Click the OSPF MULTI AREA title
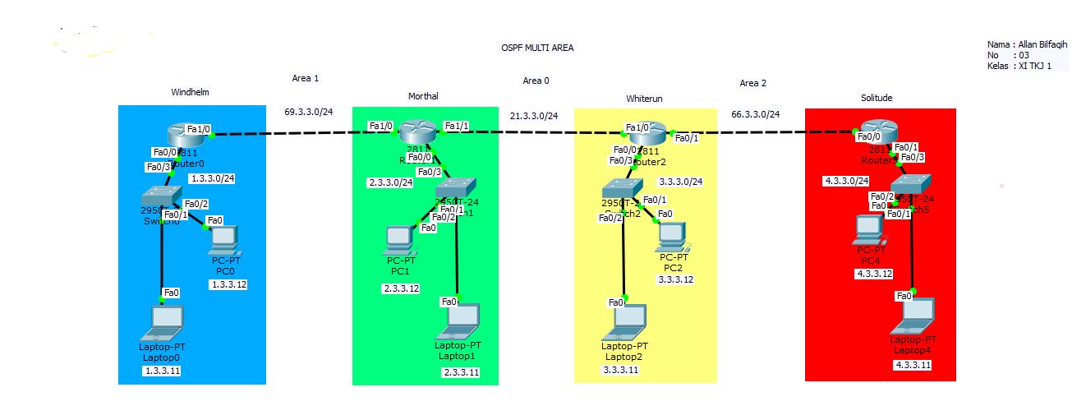(x=537, y=48)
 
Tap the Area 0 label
(x=536, y=81)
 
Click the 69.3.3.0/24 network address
(x=309, y=111)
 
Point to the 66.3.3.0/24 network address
(x=755, y=114)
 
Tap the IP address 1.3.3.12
(x=228, y=284)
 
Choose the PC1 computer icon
(x=398, y=239)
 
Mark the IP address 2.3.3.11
(x=460, y=372)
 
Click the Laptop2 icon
(x=624, y=323)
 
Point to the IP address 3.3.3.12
(x=675, y=279)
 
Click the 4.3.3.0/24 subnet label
(x=845, y=181)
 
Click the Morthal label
(x=423, y=96)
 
